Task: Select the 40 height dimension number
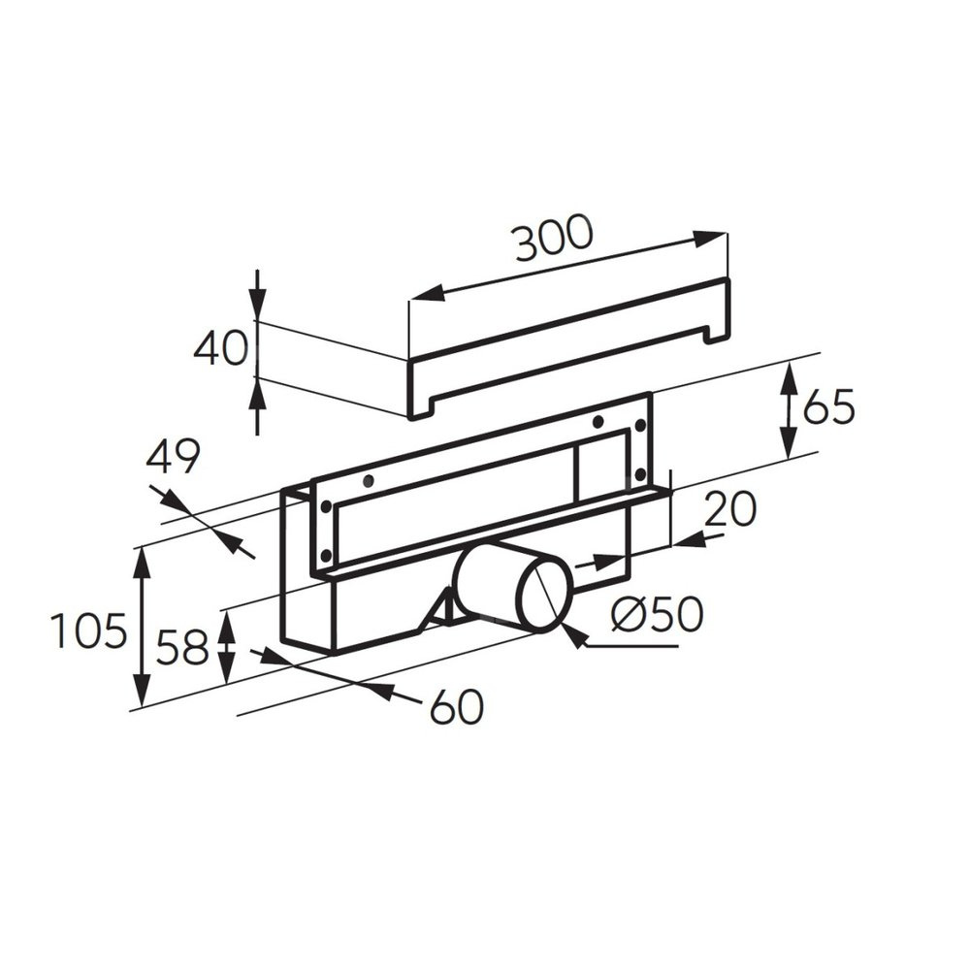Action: point(220,348)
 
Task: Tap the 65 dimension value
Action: point(827,407)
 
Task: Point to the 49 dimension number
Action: point(174,457)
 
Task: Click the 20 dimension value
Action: point(729,508)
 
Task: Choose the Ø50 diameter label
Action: point(657,614)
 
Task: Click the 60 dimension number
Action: point(457,706)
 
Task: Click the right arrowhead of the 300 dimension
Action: point(709,239)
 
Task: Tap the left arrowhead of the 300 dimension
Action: point(427,293)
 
